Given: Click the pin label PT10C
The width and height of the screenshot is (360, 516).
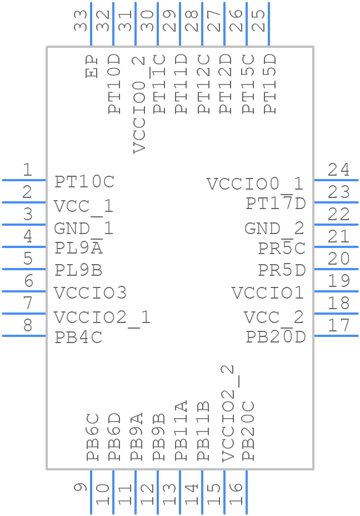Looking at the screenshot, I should coord(84,182).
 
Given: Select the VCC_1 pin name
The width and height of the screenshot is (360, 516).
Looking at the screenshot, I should coord(84,206).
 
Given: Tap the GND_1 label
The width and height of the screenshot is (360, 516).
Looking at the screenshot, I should coord(84,229).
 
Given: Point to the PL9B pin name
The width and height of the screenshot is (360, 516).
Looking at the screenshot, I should coord(78,271).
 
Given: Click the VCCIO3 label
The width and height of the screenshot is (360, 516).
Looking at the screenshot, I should coord(91,292).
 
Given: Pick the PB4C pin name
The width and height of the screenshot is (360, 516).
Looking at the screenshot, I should coord(78,338).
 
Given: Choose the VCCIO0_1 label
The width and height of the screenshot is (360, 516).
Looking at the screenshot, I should coord(255,184).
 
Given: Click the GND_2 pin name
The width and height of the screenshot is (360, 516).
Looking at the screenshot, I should coord(274,229).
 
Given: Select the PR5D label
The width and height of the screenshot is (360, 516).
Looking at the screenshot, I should coord(282,271).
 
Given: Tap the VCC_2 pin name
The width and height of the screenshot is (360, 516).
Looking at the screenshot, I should coord(274,317).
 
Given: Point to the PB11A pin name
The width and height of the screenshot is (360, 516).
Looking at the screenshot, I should coord(182,431).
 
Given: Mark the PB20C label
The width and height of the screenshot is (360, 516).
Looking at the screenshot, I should coord(248,431).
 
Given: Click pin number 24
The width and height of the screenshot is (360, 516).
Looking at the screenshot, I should coord(338,170).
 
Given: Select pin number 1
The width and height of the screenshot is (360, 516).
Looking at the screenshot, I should coord(27,170).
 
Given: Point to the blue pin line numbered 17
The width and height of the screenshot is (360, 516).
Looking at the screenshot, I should coord(336,335).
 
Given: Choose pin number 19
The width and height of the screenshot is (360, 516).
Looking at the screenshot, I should coord(338,281).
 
